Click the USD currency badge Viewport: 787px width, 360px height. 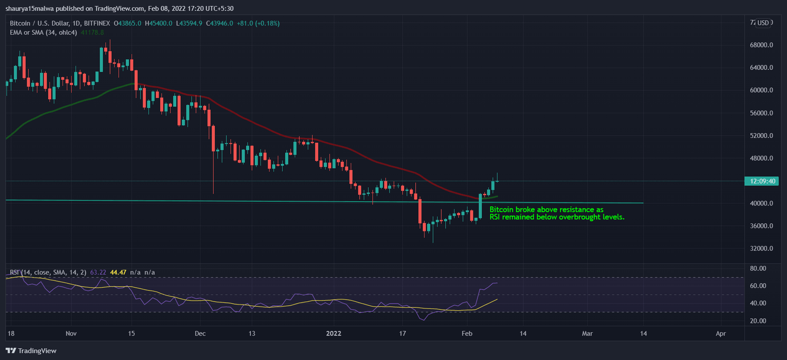pos(763,23)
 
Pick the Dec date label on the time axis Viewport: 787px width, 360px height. pos(200,333)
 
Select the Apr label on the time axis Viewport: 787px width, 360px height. pos(721,333)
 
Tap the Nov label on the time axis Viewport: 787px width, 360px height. pos(71,333)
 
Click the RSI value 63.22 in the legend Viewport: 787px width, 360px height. pos(98,272)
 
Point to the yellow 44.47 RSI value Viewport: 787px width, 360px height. pos(119,272)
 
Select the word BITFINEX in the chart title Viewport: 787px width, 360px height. pos(97,23)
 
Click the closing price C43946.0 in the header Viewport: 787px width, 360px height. pos(219,23)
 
